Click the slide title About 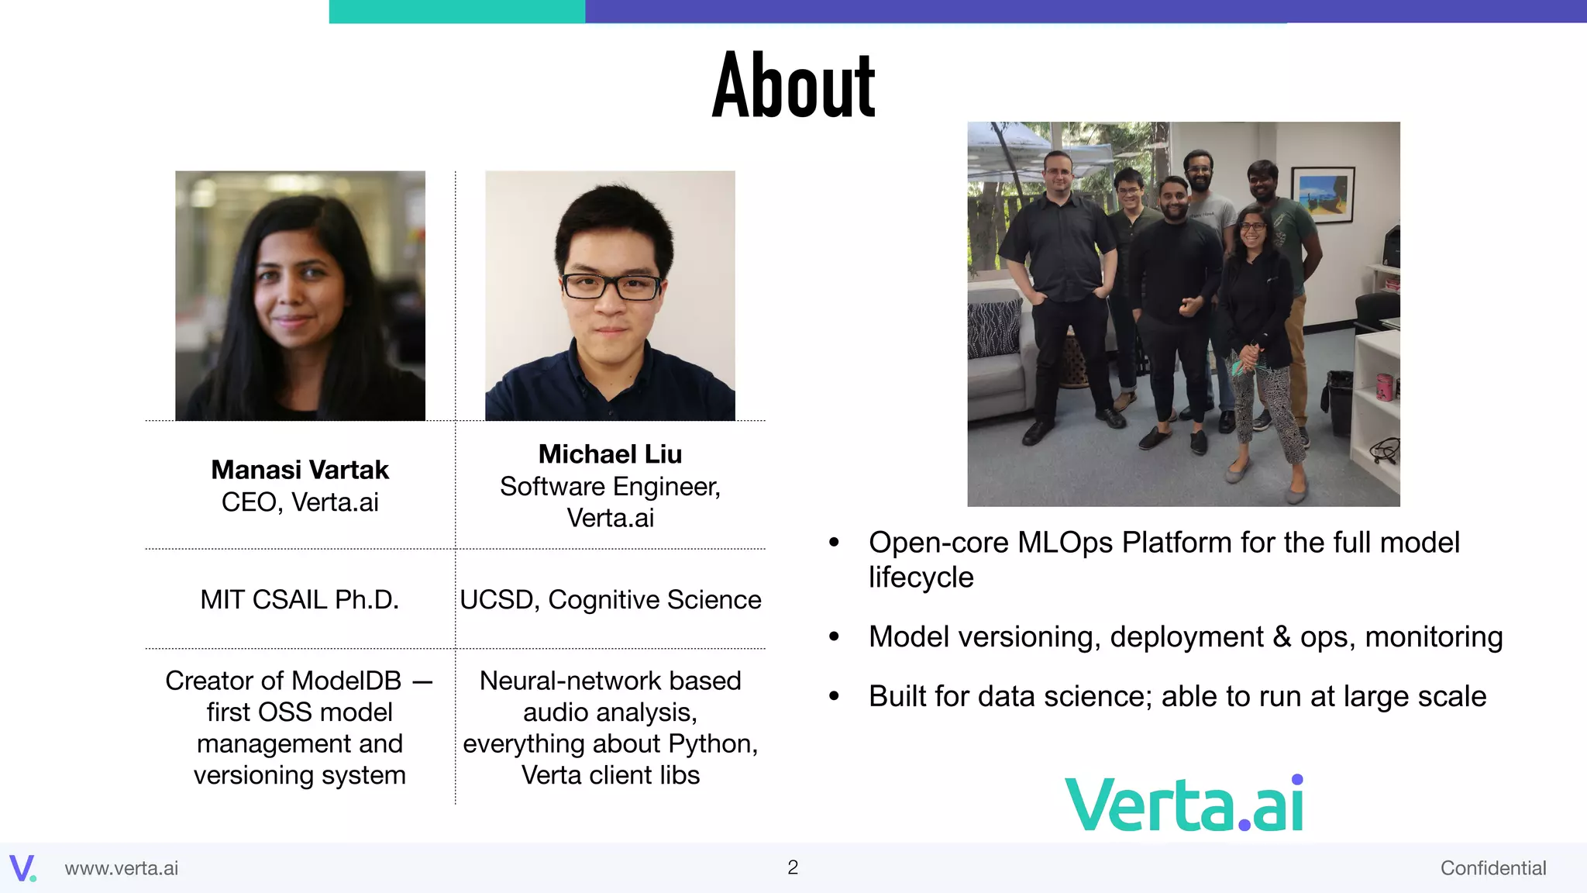pyautogui.click(x=793, y=85)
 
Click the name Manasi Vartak pyautogui.click(x=300, y=470)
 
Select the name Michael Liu pyautogui.click(x=610, y=454)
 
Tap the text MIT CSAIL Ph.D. pyautogui.click(x=300, y=600)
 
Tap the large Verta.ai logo pyautogui.click(x=1184, y=805)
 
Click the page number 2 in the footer pyautogui.click(x=792, y=867)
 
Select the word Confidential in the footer pyautogui.click(x=1492, y=868)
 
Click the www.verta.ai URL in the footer pyautogui.click(x=122, y=868)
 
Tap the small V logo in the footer pyautogui.click(x=22, y=867)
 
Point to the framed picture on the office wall pyautogui.click(x=1322, y=194)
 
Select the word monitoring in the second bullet pyautogui.click(x=1434, y=637)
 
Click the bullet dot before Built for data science pyautogui.click(x=834, y=697)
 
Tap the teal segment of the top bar pyautogui.click(x=457, y=11)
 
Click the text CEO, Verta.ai pyautogui.click(x=300, y=502)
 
